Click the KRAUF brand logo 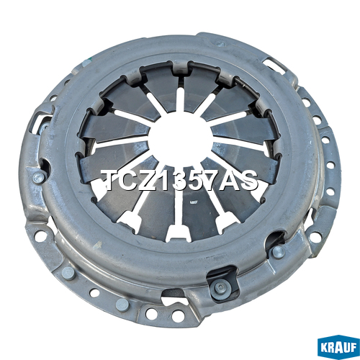[x=338, y=348]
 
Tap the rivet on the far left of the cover [x=39, y=178]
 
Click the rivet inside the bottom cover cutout [x=220, y=287]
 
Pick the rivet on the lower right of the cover [x=279, y=251]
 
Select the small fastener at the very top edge [x=220, y=44]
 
